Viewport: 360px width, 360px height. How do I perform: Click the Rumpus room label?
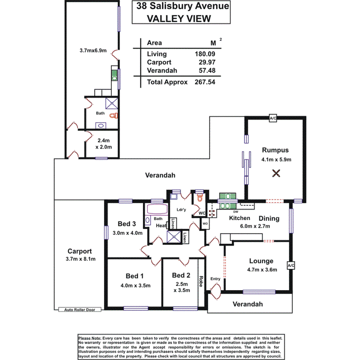pyautogui.click(x=275, y=150)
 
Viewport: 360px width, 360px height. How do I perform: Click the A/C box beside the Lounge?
pyautogui.click(x=291, y=266)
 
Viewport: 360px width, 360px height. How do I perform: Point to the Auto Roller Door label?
pyautogui.click(x=80, y=309)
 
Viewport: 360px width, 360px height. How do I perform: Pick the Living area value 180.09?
pyautogui.click(x=205, y=54)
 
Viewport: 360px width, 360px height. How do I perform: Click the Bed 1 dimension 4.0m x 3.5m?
pyautogui.click(x=135, y=285)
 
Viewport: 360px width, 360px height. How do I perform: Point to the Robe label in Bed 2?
pyautogui.click(x=201, y=280)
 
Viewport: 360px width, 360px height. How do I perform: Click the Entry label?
pyautogui.click(x=215, y=279)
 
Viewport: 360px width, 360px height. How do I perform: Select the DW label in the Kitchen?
pyautogui.click(x=235, y=212)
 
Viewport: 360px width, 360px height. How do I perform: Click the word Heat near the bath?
pyautogui.click(x=161, y=226)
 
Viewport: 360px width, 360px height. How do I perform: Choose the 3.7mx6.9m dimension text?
pyautogui.click(x=93, y=50)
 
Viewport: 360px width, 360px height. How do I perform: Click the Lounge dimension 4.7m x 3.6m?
pyautogui.click(x=261, y=270)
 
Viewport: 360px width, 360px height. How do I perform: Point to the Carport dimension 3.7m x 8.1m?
pyautogui.click(x=79, y=259)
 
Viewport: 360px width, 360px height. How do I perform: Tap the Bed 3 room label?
pyautogui.click(x=127, y=224)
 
